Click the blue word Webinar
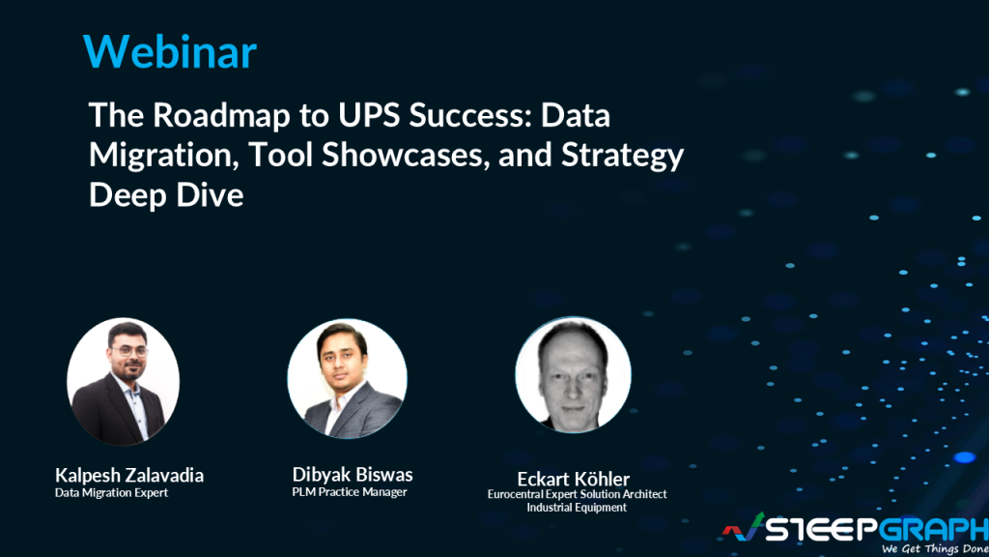[170, 52]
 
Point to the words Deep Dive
[166, 194]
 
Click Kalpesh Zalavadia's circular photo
[123, 381]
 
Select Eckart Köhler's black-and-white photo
[573, 375]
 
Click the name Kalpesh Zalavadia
[129, 475]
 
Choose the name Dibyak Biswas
[353, 474]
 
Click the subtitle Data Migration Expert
[111, 493]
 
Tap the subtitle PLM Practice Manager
[350, 492]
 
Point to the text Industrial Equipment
[577, 508]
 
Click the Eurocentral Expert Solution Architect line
[577, 494]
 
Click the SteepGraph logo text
[874, 527]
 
